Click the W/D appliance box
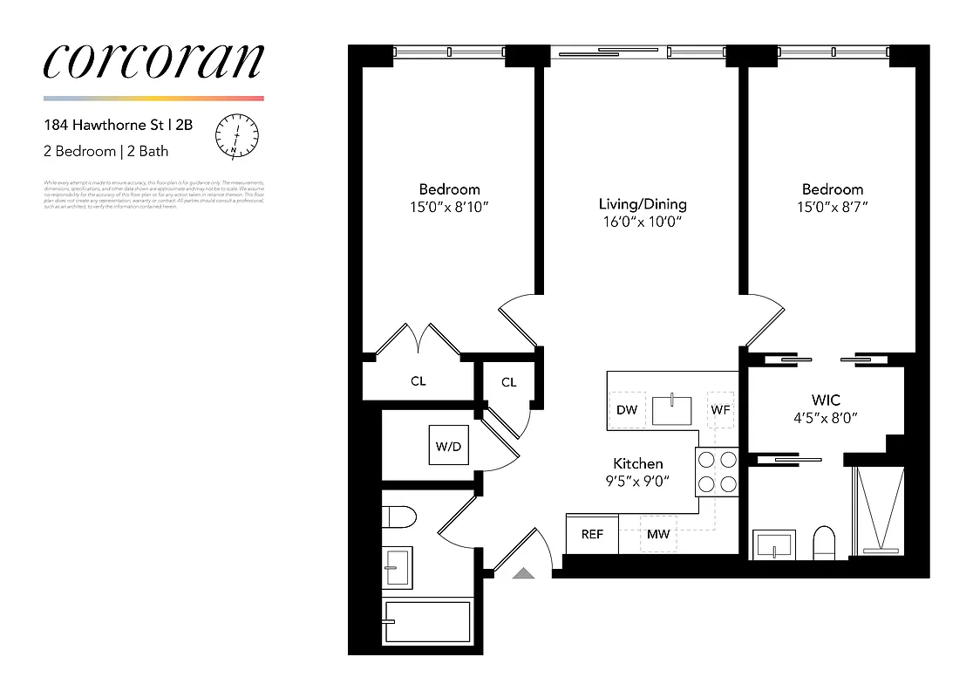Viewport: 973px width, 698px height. pos(447,447)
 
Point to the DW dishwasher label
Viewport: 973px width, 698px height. pos(626,409)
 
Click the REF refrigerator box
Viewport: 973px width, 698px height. pos(592,534)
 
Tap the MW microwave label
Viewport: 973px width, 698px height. pos(658,534)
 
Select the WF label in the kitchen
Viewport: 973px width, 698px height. pos(720,409)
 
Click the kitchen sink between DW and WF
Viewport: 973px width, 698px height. pos(672,410)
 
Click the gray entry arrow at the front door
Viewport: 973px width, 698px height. pos(522,572)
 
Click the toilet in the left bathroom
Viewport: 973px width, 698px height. pos(400,517)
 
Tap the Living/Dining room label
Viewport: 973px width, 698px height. pos(643,204)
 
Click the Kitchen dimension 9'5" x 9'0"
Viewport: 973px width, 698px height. pos(638,481)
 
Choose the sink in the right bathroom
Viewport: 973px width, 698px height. pos(772,544)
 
